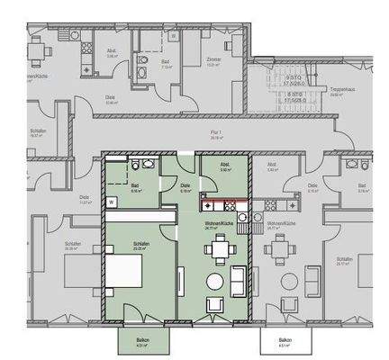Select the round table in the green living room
[215, 282]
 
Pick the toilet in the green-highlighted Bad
[135, 166]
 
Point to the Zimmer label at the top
[213, 61]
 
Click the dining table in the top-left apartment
[35, 49]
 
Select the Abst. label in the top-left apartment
[113, 51]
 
